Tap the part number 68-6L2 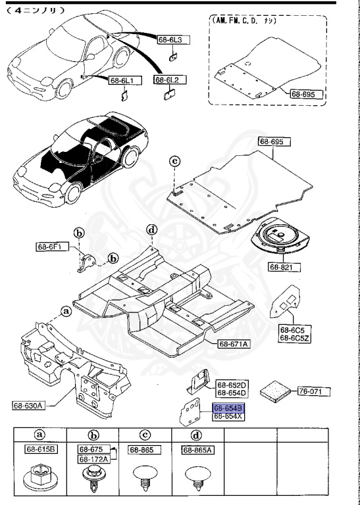click(168, 80)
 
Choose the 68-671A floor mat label click(234, 344)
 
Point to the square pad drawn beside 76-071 click(276, 390)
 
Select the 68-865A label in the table click(198, 450)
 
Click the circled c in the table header click(145, 435)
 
